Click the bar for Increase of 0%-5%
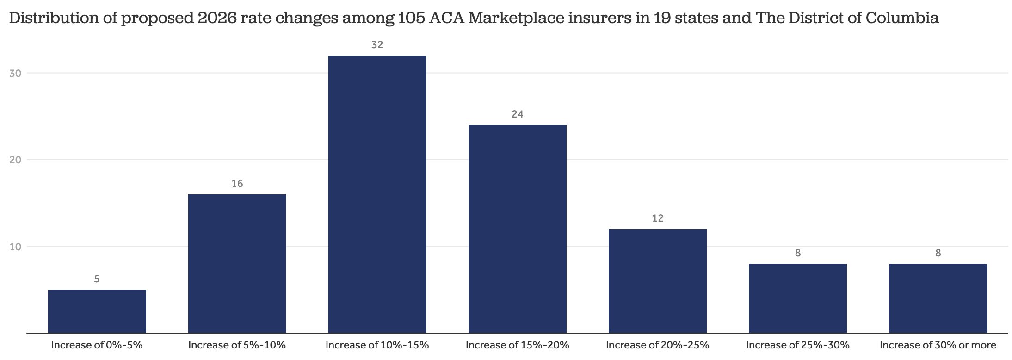(x=97, y=311)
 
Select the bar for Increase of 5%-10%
(x=237, y=263)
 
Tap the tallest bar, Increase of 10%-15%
(x=377, y=194)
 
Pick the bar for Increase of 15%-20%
(x=518, y=229)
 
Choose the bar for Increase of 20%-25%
(x=658, y=280)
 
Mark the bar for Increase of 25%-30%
(x=798, y=298)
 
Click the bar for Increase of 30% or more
(x=938, y=298)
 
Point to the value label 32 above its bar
(x=377, y=45)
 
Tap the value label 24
(x=518, y=114)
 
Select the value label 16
(x=237, y=184)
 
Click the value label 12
(x=658, y=218)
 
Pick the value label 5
(x=97, y=279)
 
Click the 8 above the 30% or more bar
(x=938, y=253)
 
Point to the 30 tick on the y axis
(x=16, y=73)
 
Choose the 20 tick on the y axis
(x=16, y=160)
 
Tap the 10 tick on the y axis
(x=16, y=247)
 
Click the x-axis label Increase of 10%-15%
(x=377, y=345)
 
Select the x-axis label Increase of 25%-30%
(x=798, y=345)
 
